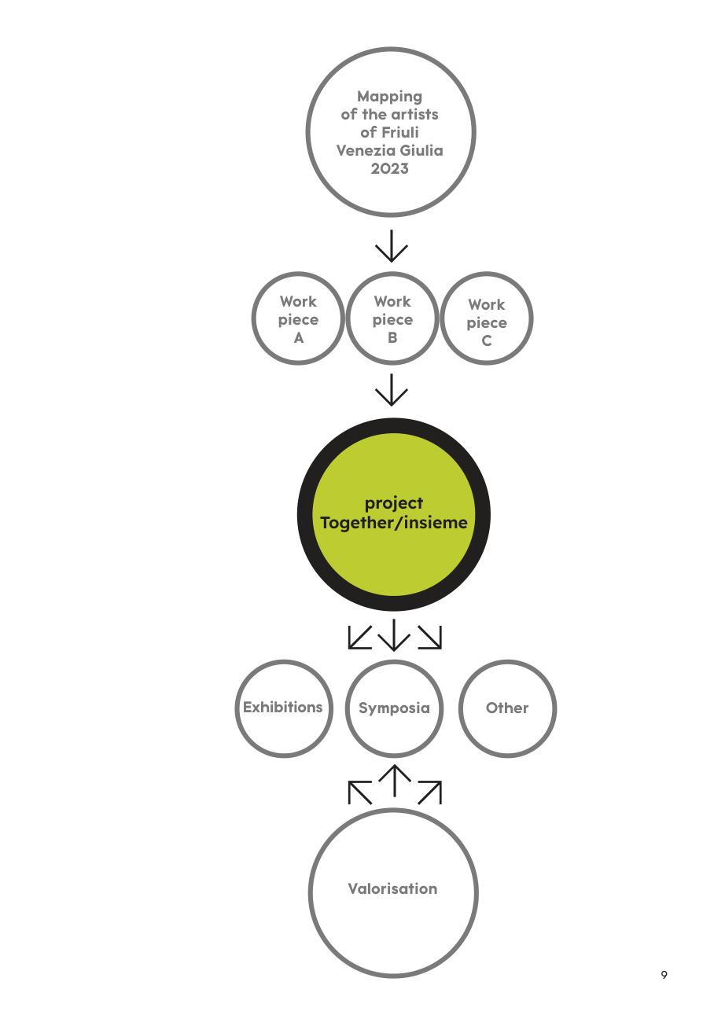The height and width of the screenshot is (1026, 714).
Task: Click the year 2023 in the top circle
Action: click(389, 168)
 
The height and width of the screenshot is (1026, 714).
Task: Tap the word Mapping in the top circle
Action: click(389, 97)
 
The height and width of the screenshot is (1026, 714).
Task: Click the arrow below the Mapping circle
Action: click(392, 246)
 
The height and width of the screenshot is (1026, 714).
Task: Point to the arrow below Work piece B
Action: click(392, 390)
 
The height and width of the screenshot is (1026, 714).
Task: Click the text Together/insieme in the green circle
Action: click(394, 523)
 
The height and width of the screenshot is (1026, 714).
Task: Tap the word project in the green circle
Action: click(394, 503)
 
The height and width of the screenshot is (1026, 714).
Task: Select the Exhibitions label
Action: click(282, 708)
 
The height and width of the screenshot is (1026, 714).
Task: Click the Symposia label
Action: click(394, 708)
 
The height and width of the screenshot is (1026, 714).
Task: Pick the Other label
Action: click(507, 708)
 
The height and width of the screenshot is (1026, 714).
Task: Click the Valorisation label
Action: click(392, 888)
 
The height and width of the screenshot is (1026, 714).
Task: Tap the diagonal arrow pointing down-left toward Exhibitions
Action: click(359, 638)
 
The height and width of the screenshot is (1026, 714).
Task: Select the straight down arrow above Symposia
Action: click(394, 634)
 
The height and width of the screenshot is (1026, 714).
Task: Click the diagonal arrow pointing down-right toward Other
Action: click(429, 638)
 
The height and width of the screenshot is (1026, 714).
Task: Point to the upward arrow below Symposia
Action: click(394, 781)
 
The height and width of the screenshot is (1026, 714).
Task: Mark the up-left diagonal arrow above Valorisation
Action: click(360, 792)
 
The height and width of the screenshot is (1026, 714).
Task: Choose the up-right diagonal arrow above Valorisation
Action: click(429, 792)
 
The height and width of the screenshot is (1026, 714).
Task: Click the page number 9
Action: click(664, 975)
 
